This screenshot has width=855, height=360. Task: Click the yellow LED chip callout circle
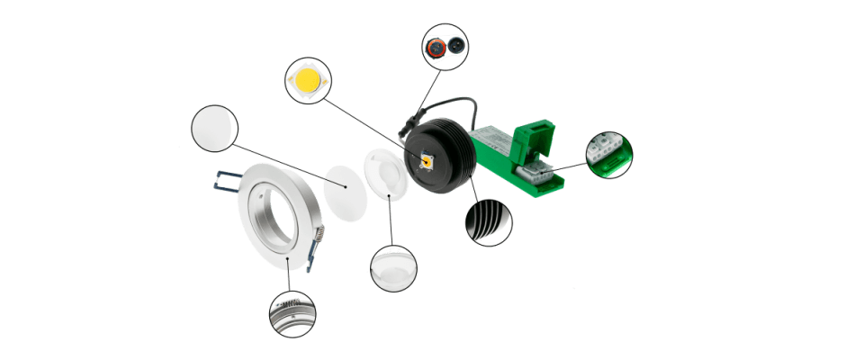coord(308,82)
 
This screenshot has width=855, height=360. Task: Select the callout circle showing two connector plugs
coord(445,45)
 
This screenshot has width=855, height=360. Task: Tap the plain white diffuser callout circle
coord(214,128)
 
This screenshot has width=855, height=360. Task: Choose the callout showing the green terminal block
coord(609,154)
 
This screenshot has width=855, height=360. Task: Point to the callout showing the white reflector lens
coord(393,267)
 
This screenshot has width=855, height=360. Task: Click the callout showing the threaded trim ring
coord(292,314)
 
